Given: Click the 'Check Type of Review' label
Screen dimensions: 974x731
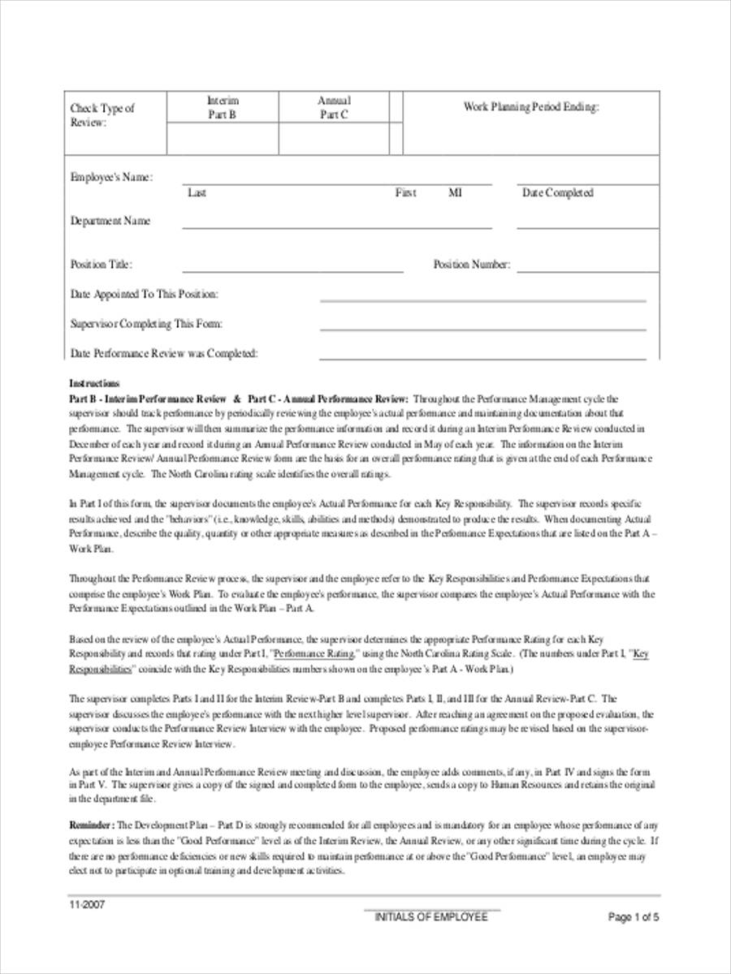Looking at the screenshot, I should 102,114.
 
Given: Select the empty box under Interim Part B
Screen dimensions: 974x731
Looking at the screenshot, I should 223,139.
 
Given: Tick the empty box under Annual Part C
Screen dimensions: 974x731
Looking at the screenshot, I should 333,139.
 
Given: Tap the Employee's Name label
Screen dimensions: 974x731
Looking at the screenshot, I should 111,177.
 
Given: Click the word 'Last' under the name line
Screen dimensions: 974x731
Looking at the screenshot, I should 197,193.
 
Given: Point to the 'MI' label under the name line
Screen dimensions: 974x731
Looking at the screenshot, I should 455,193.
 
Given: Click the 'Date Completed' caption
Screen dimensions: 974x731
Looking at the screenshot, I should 557,193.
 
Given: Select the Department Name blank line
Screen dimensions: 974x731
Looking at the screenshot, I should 336,228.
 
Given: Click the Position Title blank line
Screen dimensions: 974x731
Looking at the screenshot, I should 292,272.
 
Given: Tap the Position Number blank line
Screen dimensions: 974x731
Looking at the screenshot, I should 587,272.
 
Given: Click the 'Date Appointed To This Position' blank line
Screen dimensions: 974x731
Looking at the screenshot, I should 482,300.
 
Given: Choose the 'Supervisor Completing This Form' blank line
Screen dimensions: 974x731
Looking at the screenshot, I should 482,330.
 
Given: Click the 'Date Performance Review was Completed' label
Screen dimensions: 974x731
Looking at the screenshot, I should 164,353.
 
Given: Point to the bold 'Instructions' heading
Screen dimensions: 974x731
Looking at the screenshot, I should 94,383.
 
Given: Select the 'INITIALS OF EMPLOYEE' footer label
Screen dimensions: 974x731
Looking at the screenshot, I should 431,916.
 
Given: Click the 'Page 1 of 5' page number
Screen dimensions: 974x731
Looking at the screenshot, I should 634,917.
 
